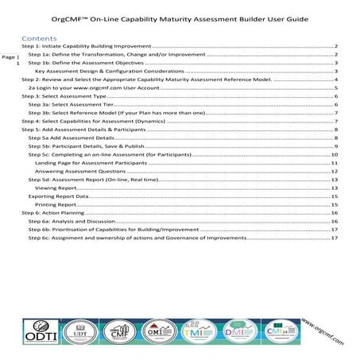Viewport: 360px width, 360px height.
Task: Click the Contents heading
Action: pos(40,38)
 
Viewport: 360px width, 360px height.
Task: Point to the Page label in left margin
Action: pos(8,58)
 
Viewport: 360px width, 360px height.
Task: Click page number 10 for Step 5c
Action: pos(336,153)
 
